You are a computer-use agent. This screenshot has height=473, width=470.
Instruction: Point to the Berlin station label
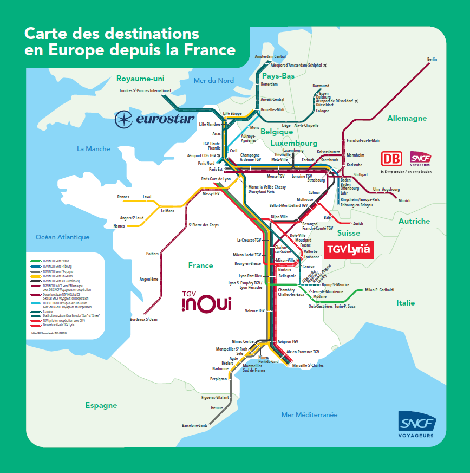[x=432, y=59]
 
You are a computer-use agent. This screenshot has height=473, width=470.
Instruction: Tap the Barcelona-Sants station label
[x=195, y=425]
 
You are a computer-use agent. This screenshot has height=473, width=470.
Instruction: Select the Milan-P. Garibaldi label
[x=380, y=290]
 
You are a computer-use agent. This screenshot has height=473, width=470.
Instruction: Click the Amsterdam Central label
[x=270, y=56]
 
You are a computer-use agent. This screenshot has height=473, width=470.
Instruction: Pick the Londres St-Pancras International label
[x=145, y=90]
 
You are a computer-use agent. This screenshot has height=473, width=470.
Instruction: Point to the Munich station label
[x=404, y=200]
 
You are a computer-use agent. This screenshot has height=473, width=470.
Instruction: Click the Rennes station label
[x=123, y=197]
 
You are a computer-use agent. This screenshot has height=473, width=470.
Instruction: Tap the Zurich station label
[x=358, y=223]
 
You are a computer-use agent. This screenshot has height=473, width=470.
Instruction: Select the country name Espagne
[x=101, y=405]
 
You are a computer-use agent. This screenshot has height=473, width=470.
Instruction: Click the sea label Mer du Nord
[x=214, y=81]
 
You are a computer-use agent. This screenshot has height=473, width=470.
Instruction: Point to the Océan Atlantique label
[x=62, y=237]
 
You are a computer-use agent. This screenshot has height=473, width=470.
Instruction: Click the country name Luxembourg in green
[x=294, y=143]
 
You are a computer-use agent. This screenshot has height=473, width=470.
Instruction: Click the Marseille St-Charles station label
[x=308, y=366]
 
